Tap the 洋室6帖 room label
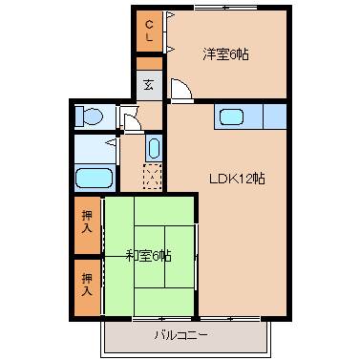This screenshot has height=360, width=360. [x=225, y=54]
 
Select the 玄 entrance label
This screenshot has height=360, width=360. [x=150, y=84]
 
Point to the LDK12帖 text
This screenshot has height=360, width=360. [x=238, y=178]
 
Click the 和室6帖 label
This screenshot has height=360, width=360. [x=148, y=255]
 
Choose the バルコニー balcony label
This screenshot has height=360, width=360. [x=180, y=335]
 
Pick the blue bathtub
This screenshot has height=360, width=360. [x=94, y=178]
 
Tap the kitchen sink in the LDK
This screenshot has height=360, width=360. [x=233, y=117]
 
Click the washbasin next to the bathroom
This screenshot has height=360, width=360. [x=154, y=148]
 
